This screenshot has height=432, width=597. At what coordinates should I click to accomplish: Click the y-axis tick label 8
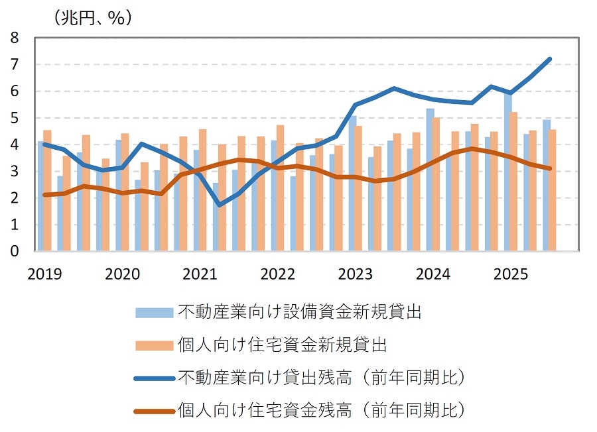[15, 38]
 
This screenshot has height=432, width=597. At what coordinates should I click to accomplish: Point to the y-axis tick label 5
[15, 118]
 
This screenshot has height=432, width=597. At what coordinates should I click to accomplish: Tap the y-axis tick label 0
[15, 252]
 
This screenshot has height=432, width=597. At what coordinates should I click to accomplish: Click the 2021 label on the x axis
[199, 274]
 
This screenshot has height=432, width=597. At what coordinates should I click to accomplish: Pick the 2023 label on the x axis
[355, 274]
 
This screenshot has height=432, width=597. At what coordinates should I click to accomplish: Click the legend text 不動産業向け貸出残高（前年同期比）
[321, 378]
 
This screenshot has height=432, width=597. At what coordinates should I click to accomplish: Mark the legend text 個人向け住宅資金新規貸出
[283, 345]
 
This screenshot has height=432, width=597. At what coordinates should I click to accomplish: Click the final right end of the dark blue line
[550, 59]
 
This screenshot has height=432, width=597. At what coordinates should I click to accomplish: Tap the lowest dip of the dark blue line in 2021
[220, 205]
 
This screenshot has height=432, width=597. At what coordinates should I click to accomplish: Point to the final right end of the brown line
[550, 168]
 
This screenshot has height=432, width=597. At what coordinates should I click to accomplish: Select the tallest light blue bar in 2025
[507, 172]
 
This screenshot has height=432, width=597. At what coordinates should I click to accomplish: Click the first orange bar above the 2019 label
[47, 191]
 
